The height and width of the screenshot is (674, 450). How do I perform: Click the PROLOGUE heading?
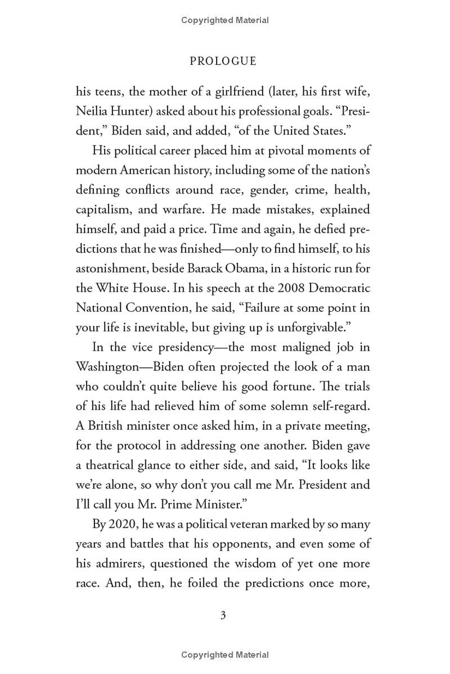223,61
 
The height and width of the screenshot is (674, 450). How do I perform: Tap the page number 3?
223,615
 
